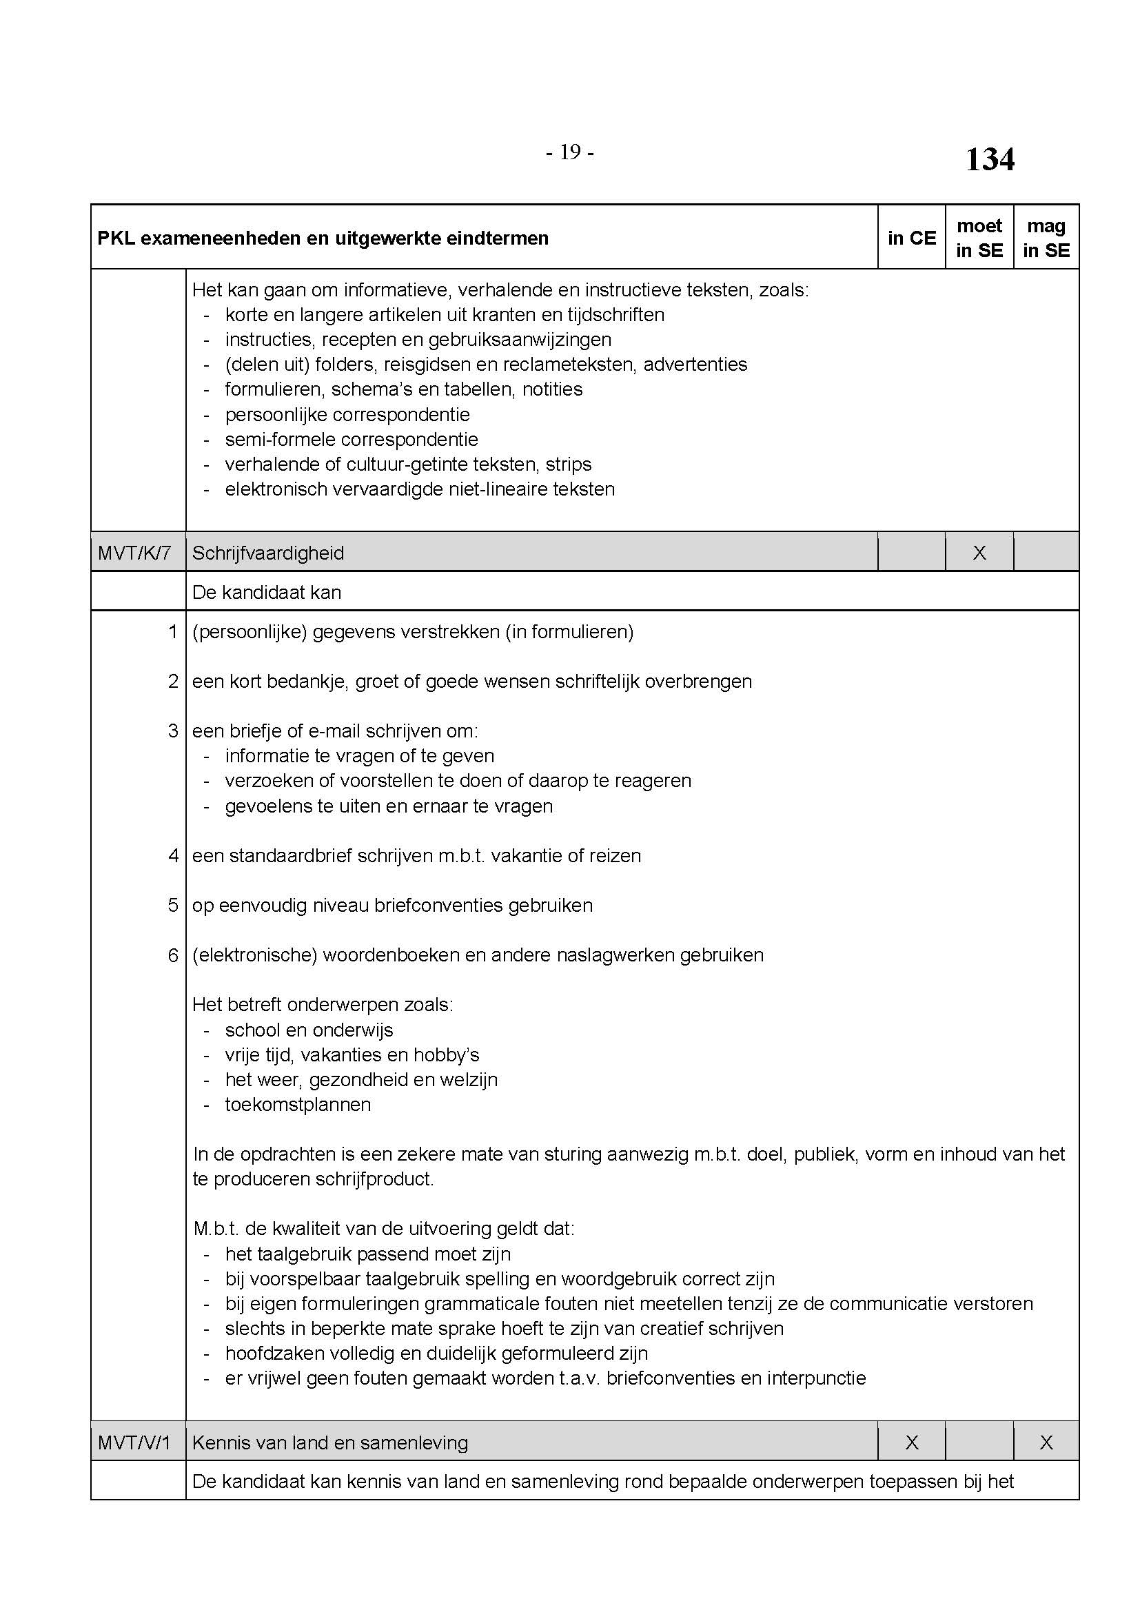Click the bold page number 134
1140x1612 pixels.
point(989,159)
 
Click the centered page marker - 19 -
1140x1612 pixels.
point(570,152)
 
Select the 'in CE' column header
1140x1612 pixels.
point(911,238)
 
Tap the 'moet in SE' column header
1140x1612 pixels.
point(979,238)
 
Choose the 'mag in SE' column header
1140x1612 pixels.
point(1046,238)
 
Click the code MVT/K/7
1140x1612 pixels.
point(134,553)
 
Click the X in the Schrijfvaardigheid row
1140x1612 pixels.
point(979,553)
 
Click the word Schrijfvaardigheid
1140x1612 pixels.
point(268,553)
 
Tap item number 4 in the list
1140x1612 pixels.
point(173,856)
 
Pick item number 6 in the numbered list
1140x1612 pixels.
point(173,955)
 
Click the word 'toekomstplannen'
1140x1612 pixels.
point(298,1104)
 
